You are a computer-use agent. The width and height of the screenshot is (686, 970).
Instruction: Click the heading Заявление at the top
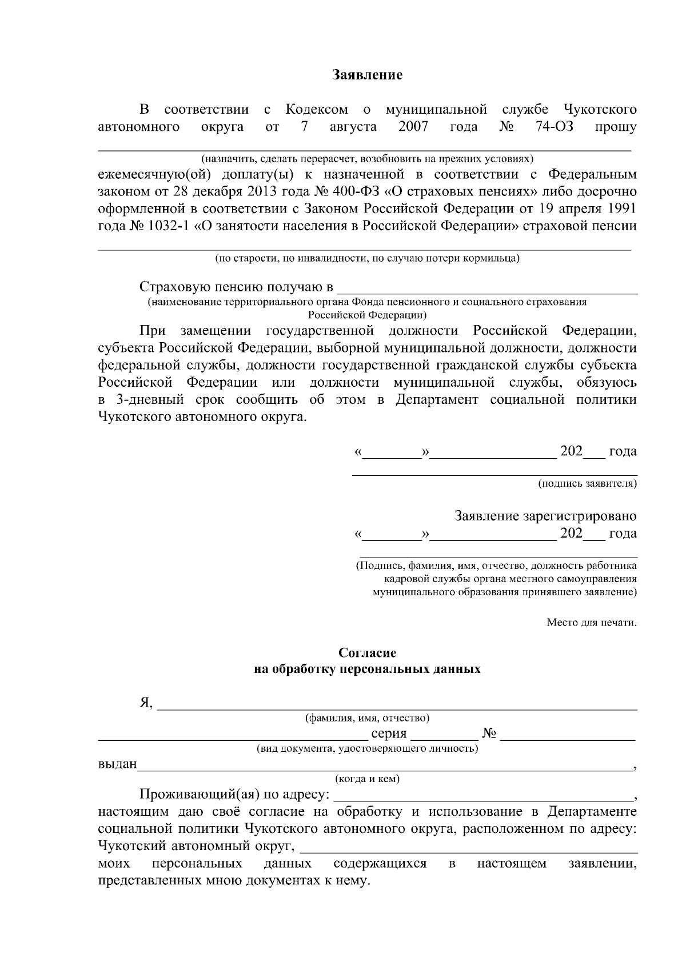click(368, 75)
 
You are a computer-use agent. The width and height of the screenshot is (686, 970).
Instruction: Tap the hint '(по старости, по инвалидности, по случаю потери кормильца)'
click(367, 258)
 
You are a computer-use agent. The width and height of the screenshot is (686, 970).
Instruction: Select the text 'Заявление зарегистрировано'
click(545, 516)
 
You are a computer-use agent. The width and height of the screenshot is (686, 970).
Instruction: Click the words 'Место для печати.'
click(591, 622)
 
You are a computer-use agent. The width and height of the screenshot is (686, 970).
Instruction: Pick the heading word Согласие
click(367, 653)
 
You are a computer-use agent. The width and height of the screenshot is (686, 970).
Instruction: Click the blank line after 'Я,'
click(397, 705)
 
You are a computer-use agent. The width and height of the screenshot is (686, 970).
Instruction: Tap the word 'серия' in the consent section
click(389, 733)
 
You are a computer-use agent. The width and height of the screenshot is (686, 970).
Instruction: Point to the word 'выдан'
click(117, 764)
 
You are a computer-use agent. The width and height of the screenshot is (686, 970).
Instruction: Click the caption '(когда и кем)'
click(367, 779)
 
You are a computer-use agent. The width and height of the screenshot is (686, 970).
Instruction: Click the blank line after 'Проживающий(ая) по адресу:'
click(483, 796)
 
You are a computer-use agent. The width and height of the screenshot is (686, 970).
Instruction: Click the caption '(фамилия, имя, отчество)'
click(367, 718)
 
